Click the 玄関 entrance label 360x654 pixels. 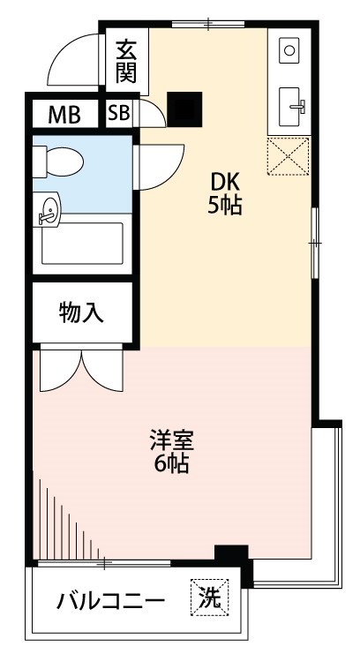click(125, 61)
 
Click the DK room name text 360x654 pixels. click(224, 182)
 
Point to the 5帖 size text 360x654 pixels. click(224, 207)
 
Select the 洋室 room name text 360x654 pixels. click(171, 439)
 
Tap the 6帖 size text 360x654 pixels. click(171, 463)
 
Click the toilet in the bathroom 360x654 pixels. click(60, 162)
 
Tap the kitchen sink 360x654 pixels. click(291, 108)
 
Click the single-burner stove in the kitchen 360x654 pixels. click(289, 51)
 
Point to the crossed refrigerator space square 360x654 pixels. click(290, 156)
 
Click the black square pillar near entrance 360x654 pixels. click(185, 109)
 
